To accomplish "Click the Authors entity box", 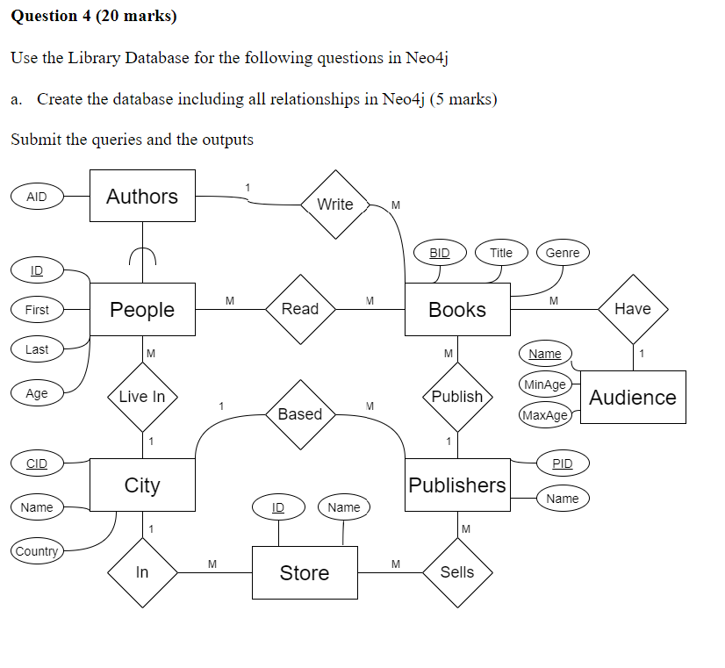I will tap(142, 197).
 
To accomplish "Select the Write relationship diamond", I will tap(335, 205).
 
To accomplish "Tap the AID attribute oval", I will tap(37, 197).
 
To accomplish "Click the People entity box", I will tap(142, 310).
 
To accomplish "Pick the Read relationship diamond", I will tap(300, 309).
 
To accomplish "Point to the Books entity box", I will tap(457, 310).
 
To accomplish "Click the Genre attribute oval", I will tap(563, 253).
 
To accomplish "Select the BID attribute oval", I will tap(440, 253).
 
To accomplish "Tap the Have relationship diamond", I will tap(633, 309).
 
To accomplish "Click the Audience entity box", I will tap(633, 398).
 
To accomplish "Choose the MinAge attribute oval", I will tap(545, 384).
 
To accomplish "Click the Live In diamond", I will tap(142, 397).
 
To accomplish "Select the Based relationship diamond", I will tap(300, 414).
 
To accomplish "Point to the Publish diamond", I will tap(457, 397).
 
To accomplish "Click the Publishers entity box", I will tap(457, 485).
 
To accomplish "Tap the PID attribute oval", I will tap(563, 463).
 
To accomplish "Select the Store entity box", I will tap(305, 573).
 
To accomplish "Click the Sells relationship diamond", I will tap(457, 572).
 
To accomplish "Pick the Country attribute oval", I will tap(37, 551).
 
